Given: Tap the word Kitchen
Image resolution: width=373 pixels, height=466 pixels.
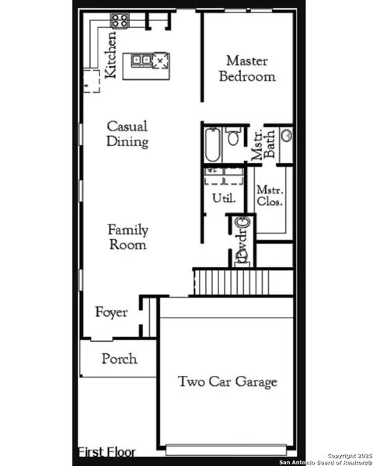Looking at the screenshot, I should pos(112,55).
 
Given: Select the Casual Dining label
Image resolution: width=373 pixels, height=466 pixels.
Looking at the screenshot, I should pos(127,134).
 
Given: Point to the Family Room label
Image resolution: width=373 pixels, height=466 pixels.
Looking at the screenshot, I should pos(127,237).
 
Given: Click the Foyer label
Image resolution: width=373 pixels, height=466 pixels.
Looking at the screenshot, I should pos(111,312).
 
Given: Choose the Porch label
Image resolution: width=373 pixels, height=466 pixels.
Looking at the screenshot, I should pos(119,359).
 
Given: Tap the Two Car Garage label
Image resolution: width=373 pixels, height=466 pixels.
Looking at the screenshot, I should pos(227,381).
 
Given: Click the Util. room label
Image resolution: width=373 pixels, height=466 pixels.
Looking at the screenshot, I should pos(222,198).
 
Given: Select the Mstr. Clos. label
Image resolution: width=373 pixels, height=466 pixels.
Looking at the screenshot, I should pos(270,196).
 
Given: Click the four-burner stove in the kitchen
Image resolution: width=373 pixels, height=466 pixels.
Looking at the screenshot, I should pos(120,21).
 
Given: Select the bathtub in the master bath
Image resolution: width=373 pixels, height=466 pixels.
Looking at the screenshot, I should pos(212,145).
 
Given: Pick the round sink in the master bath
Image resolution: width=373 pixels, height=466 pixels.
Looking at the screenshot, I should pos(286,137).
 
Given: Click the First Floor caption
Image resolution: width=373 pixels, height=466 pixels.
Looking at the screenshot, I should pos(106,451).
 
